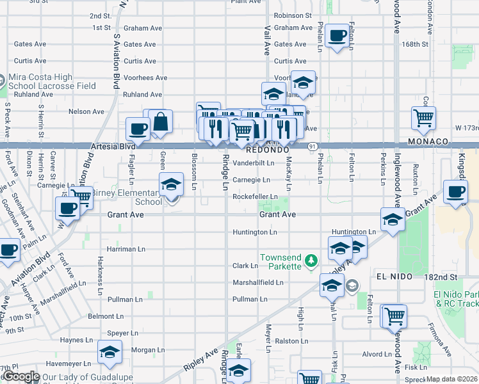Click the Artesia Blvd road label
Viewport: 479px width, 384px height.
click(x=113, y=147)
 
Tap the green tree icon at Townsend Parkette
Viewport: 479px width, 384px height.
click(x=311, y=260)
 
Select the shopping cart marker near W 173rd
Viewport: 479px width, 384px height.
click(x=423, y=118)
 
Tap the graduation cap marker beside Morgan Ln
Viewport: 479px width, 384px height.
click(x=110, y=353)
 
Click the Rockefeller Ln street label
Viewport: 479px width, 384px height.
click(x=255, y=196)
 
